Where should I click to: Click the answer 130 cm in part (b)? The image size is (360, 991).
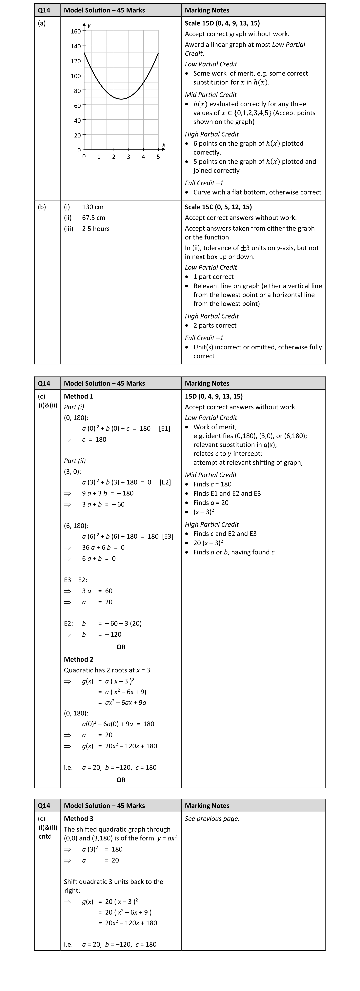[93, 207]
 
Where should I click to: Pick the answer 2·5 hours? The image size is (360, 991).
[96, 229]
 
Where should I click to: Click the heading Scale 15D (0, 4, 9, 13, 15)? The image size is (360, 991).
[222, 23]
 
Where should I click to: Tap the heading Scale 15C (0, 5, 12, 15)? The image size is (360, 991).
[218, 207]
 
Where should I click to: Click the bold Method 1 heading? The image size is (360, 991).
[78, 396]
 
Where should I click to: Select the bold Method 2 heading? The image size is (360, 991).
[78, 659]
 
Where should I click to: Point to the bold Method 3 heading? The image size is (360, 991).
[78, 819]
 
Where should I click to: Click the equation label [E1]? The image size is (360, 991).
[165, 429]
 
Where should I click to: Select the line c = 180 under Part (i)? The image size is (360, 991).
[94, 440]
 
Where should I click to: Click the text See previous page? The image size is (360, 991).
[212, 819]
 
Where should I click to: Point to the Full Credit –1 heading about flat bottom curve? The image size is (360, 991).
[204, 183]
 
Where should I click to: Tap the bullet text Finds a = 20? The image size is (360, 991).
[211, 503]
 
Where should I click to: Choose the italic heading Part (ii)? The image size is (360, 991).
[75, 461]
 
